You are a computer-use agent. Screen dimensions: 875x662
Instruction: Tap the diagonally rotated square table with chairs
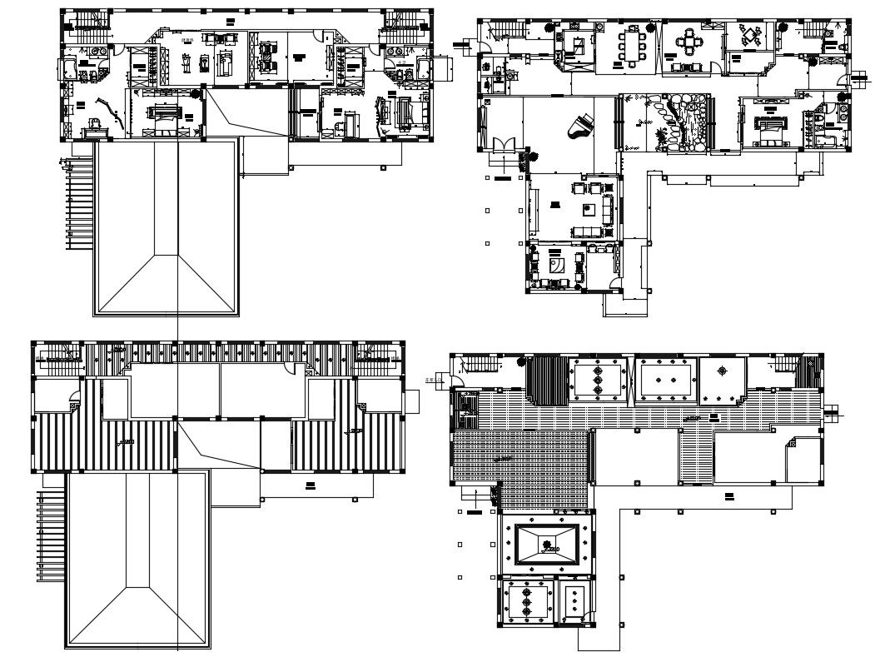753,36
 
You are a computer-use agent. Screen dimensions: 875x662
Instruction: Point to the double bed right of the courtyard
767,126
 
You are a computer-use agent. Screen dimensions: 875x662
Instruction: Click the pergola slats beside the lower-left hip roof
51,536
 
